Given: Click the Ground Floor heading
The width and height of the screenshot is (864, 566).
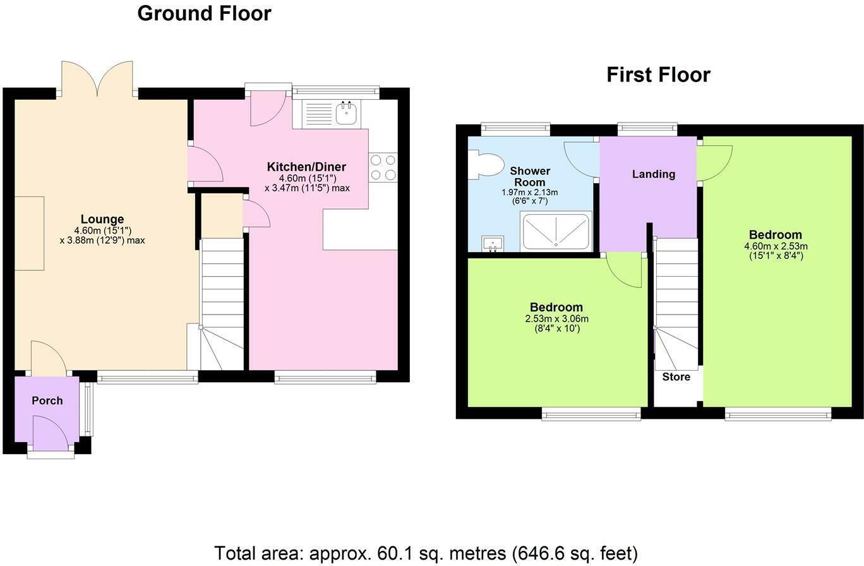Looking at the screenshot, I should click(204, 13).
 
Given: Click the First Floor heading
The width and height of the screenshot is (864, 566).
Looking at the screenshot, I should click(658, 75).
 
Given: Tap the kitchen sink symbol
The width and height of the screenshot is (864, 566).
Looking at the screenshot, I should click(346, 114).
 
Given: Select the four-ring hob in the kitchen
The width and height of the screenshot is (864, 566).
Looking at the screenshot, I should click(383, 167).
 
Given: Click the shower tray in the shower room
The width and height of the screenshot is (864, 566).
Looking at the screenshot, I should click(556, 231).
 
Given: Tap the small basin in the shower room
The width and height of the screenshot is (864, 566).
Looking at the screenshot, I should click(493, 243).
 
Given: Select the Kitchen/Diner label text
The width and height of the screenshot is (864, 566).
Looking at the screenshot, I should click(306, 167).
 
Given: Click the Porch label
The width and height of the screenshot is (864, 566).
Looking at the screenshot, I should click(47, 400).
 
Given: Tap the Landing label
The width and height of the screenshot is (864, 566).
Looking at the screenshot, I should click(654, 174).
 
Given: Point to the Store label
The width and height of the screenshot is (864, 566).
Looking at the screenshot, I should click(676, 377).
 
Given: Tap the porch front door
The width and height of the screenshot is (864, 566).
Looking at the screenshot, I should click(50, 436).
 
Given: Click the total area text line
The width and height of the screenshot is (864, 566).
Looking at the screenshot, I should click(426, 553).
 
